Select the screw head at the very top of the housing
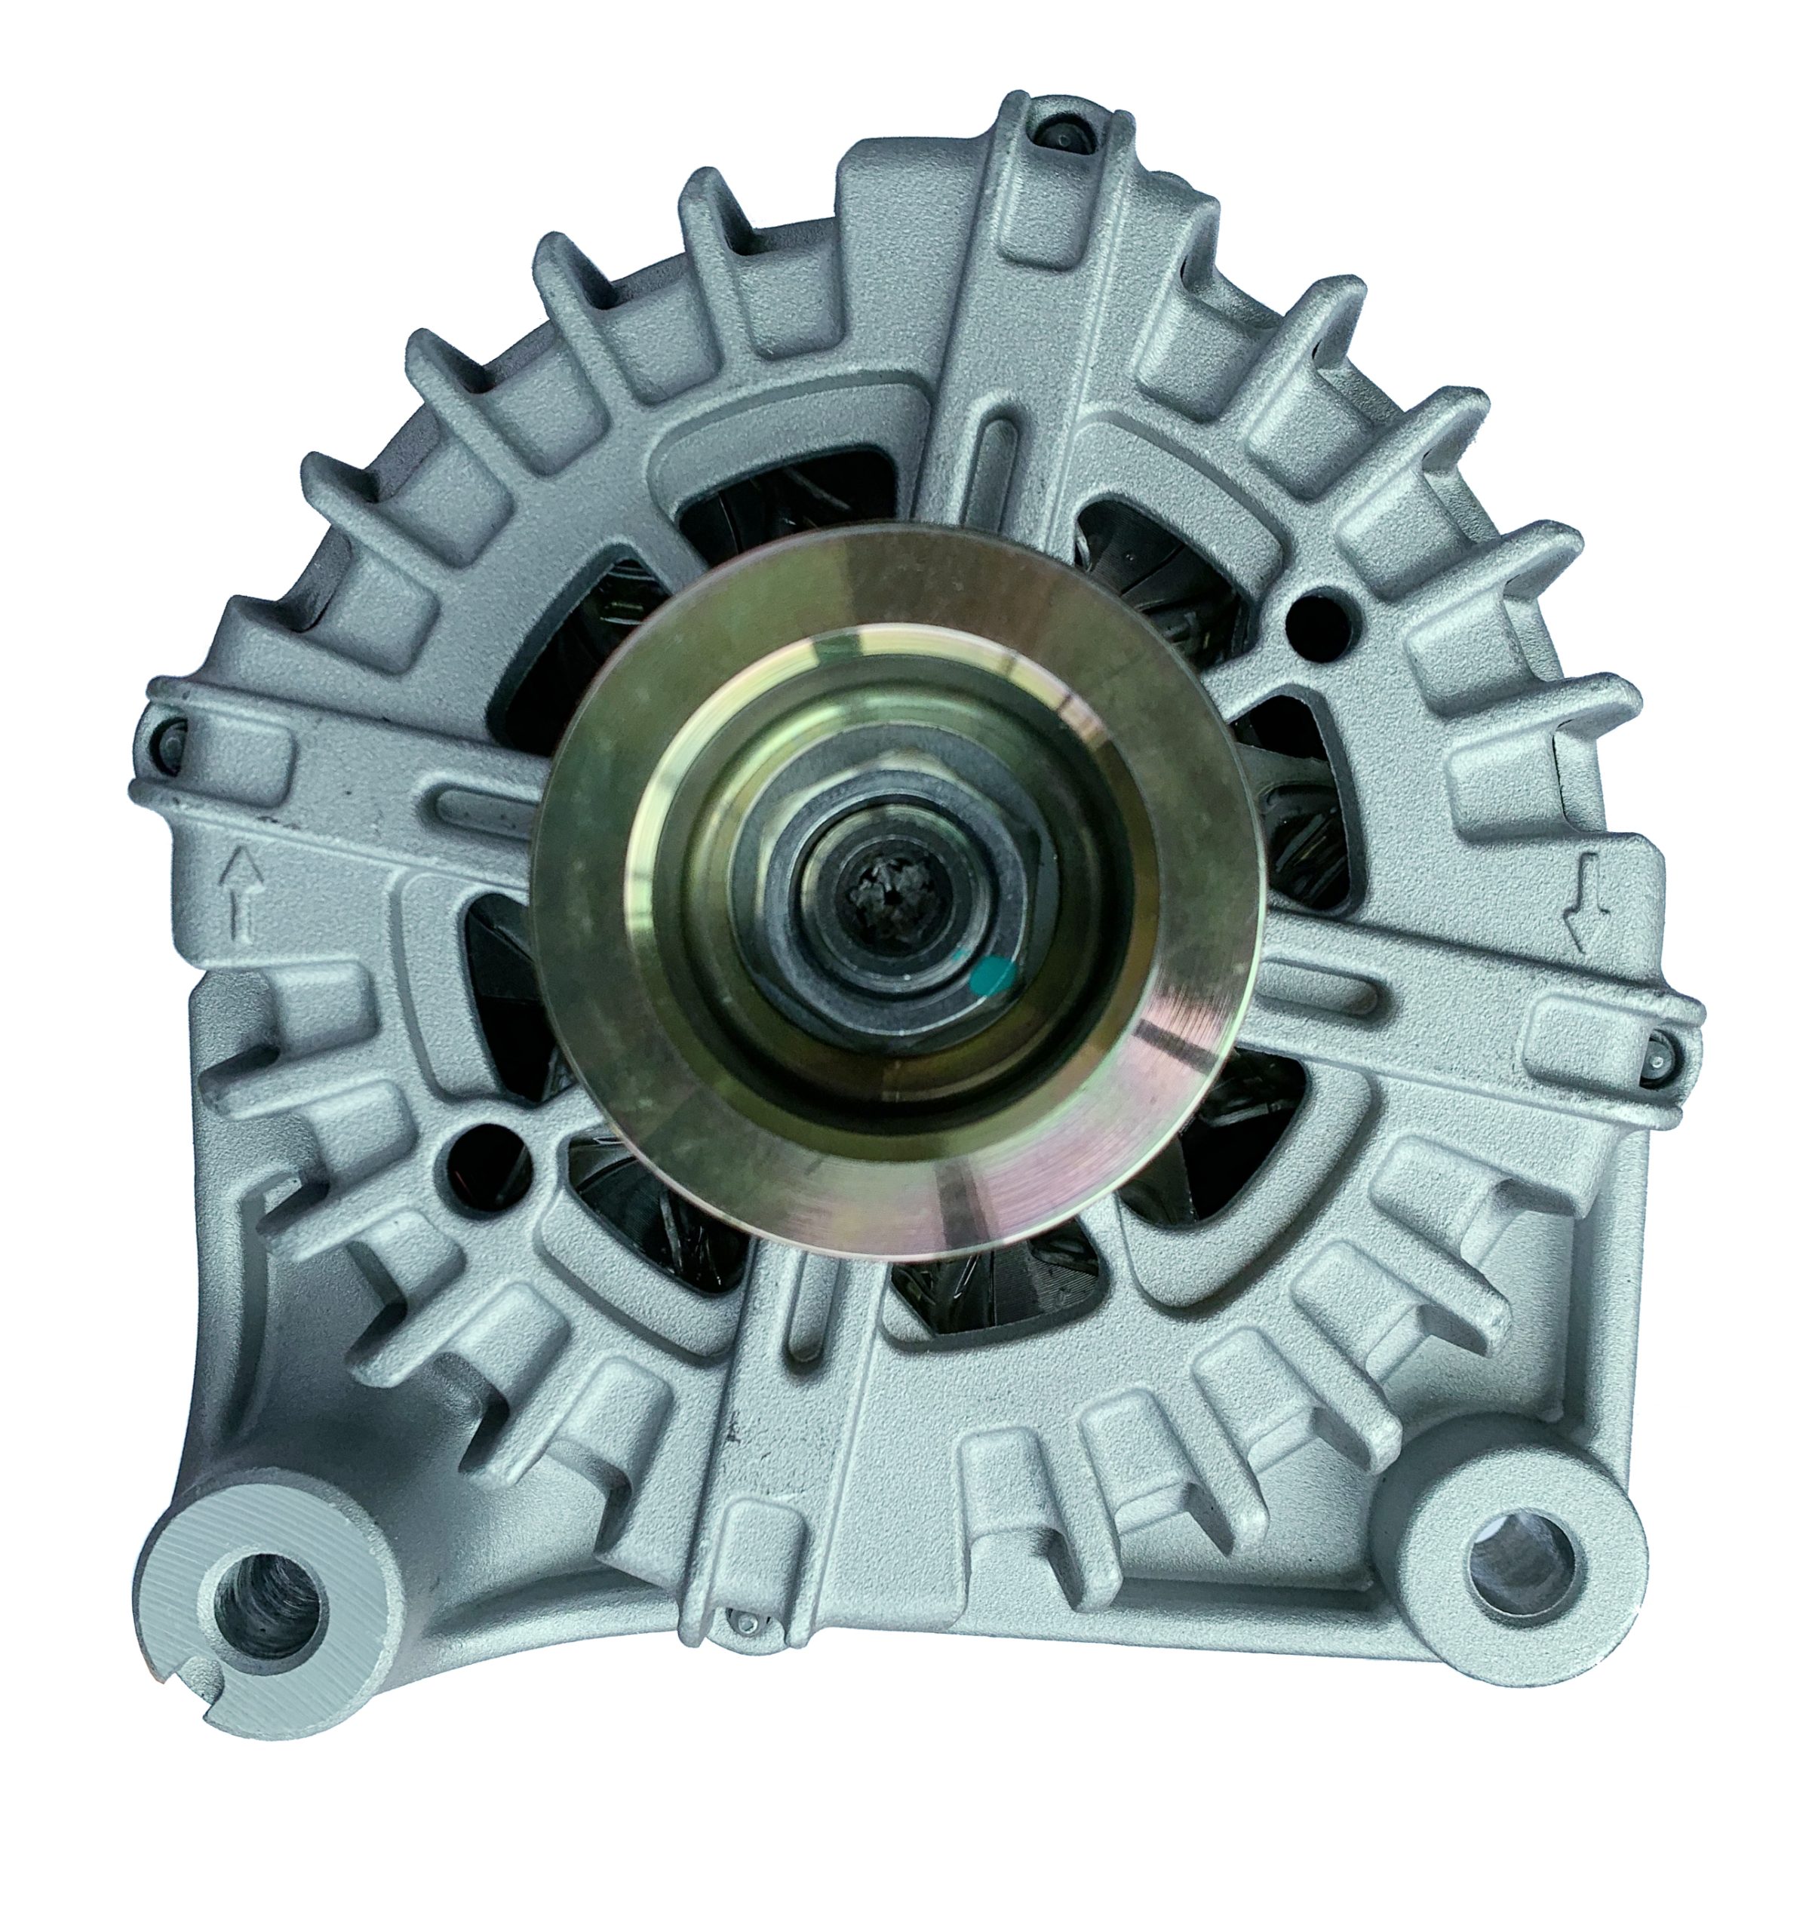pyautogui.click(x=1064, y=135)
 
